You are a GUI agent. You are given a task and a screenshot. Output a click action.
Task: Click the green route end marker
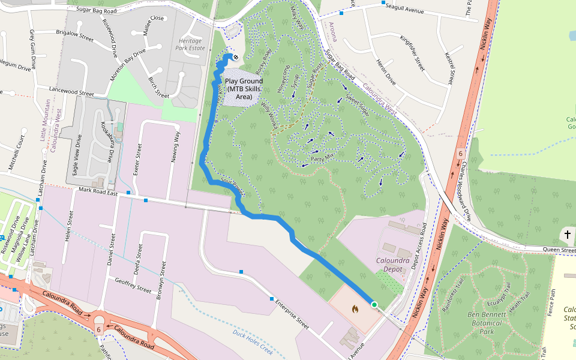point(374,305)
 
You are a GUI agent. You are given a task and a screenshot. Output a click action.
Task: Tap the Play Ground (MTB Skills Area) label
point(244,88)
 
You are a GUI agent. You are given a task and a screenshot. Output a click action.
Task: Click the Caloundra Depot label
point(392,265)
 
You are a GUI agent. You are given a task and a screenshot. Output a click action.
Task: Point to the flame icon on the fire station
point(355,310)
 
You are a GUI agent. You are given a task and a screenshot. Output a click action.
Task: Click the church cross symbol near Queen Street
point(567,234)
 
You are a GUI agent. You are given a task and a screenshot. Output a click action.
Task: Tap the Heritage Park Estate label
point(192,44)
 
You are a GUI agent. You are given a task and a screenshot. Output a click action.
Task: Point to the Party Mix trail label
point(322,158)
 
